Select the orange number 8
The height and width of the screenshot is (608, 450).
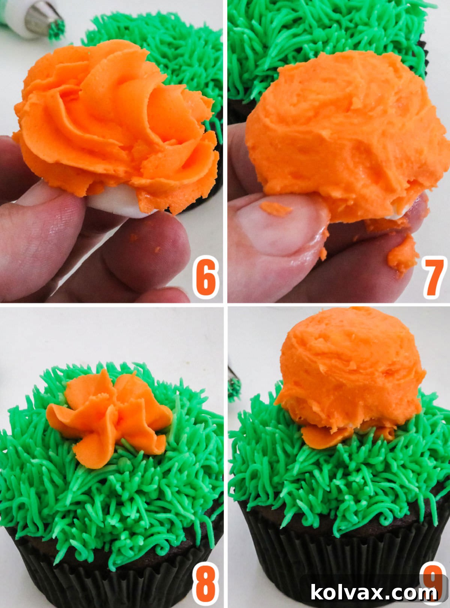coord(205,584)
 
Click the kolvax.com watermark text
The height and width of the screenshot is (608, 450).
coord(373,593)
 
